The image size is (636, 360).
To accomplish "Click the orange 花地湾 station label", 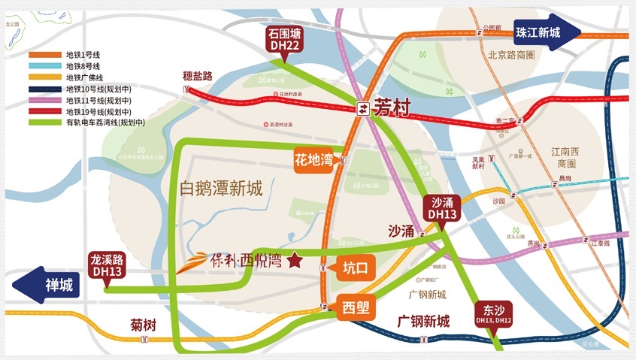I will pos(313,160).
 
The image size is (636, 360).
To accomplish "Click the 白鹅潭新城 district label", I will pos(221,189).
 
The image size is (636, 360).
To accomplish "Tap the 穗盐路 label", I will pos(198,76).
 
